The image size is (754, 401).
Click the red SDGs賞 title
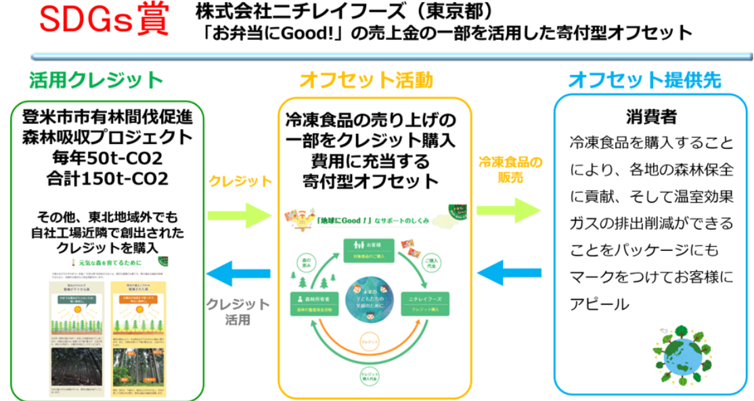click(x=102, y=22)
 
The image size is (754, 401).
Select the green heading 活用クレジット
click(x=96, y=80)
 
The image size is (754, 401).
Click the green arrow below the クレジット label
click(x=239, y=214)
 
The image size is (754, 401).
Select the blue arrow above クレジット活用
click(x=239, y=275)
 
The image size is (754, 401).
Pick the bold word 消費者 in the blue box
click(x=652, y=116)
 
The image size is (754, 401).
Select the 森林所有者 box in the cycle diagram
click(x=315, y=303)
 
